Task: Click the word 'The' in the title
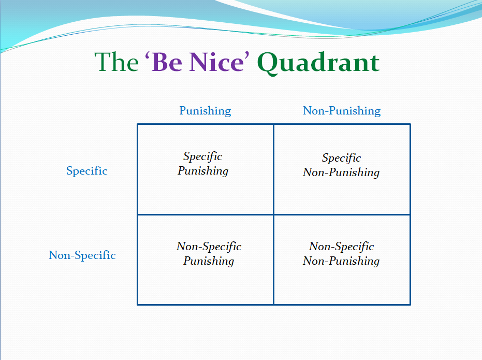click(116, 62)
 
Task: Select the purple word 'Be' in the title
click(167, 62)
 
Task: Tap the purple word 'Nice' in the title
click(216, 62)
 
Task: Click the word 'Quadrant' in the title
click(318, 63)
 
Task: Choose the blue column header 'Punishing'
click(205, 111)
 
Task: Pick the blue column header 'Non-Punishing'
click(342, 111)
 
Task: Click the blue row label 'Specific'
click(87, 170)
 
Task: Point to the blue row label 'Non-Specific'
click(82, 255)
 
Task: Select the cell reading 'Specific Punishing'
click(206, 169)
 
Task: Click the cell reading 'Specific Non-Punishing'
click(342, 169)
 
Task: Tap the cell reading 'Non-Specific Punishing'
click(206, 260)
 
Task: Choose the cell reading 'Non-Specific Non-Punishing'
click(342, 260)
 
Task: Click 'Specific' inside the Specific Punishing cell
click(203, 156)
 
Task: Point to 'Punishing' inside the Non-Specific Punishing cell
click(209, 261)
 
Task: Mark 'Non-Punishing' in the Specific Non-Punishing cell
click(341, 172)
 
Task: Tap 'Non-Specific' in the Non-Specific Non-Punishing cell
click(342, 246)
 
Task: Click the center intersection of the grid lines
click(273, 214)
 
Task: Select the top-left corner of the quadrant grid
click(137, 124)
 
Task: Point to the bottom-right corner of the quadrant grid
click(411, 305)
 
